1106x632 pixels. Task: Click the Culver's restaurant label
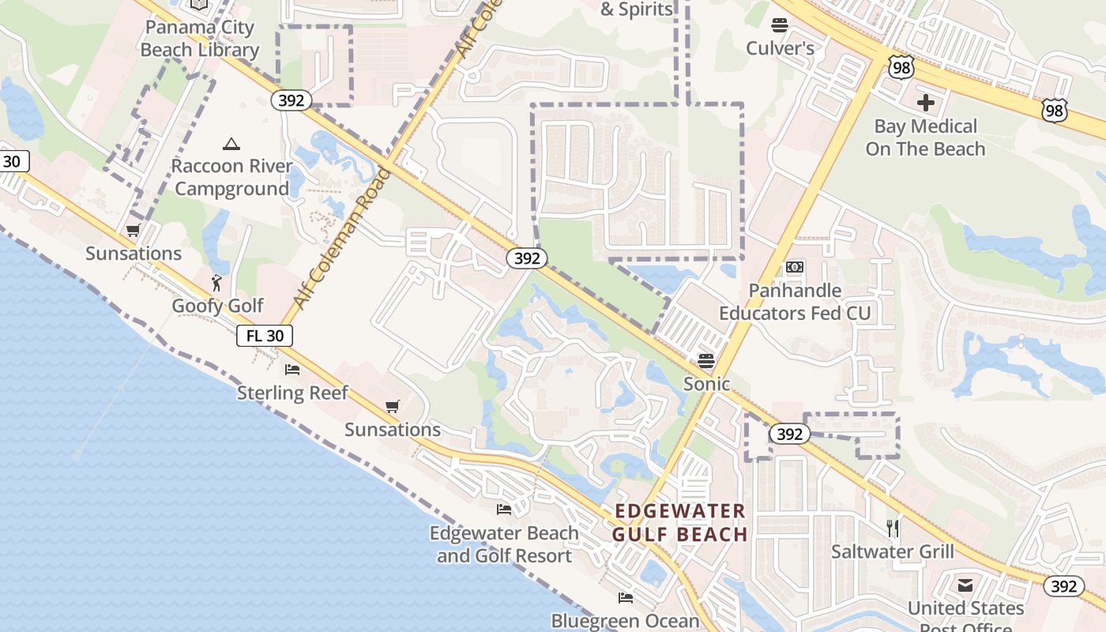780,48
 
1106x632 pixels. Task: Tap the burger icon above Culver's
780,25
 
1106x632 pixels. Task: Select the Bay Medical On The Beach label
925,137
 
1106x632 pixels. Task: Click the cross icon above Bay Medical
925,103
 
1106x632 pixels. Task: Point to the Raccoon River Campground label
231,178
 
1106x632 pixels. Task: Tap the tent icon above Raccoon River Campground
231,144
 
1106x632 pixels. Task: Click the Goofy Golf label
217,306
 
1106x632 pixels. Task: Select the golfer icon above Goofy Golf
216,282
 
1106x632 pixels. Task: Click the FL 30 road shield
265,336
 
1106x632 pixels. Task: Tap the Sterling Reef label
292,393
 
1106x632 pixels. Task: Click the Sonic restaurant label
706,384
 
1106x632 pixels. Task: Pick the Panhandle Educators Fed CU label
794,302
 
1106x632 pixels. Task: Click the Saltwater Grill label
892,551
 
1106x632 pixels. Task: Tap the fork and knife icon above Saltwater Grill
893,528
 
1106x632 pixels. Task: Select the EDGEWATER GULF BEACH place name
679,522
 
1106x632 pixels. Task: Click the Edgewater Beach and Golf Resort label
504,544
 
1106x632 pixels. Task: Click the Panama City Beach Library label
199,39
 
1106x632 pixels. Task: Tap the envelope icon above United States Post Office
965,585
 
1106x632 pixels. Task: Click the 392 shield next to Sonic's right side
789,434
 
